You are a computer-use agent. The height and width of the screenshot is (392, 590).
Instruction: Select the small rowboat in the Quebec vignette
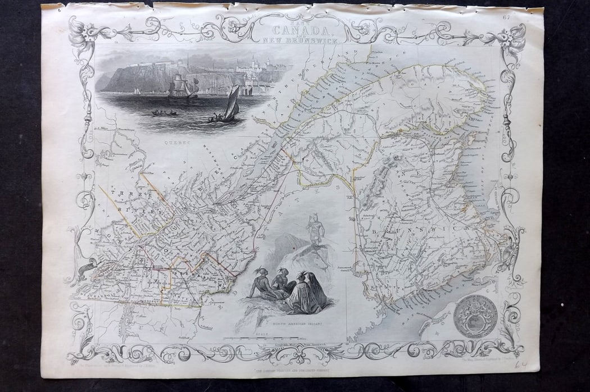click(164, 113)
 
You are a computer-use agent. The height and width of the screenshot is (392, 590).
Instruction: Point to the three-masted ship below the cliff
click(179, 87)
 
